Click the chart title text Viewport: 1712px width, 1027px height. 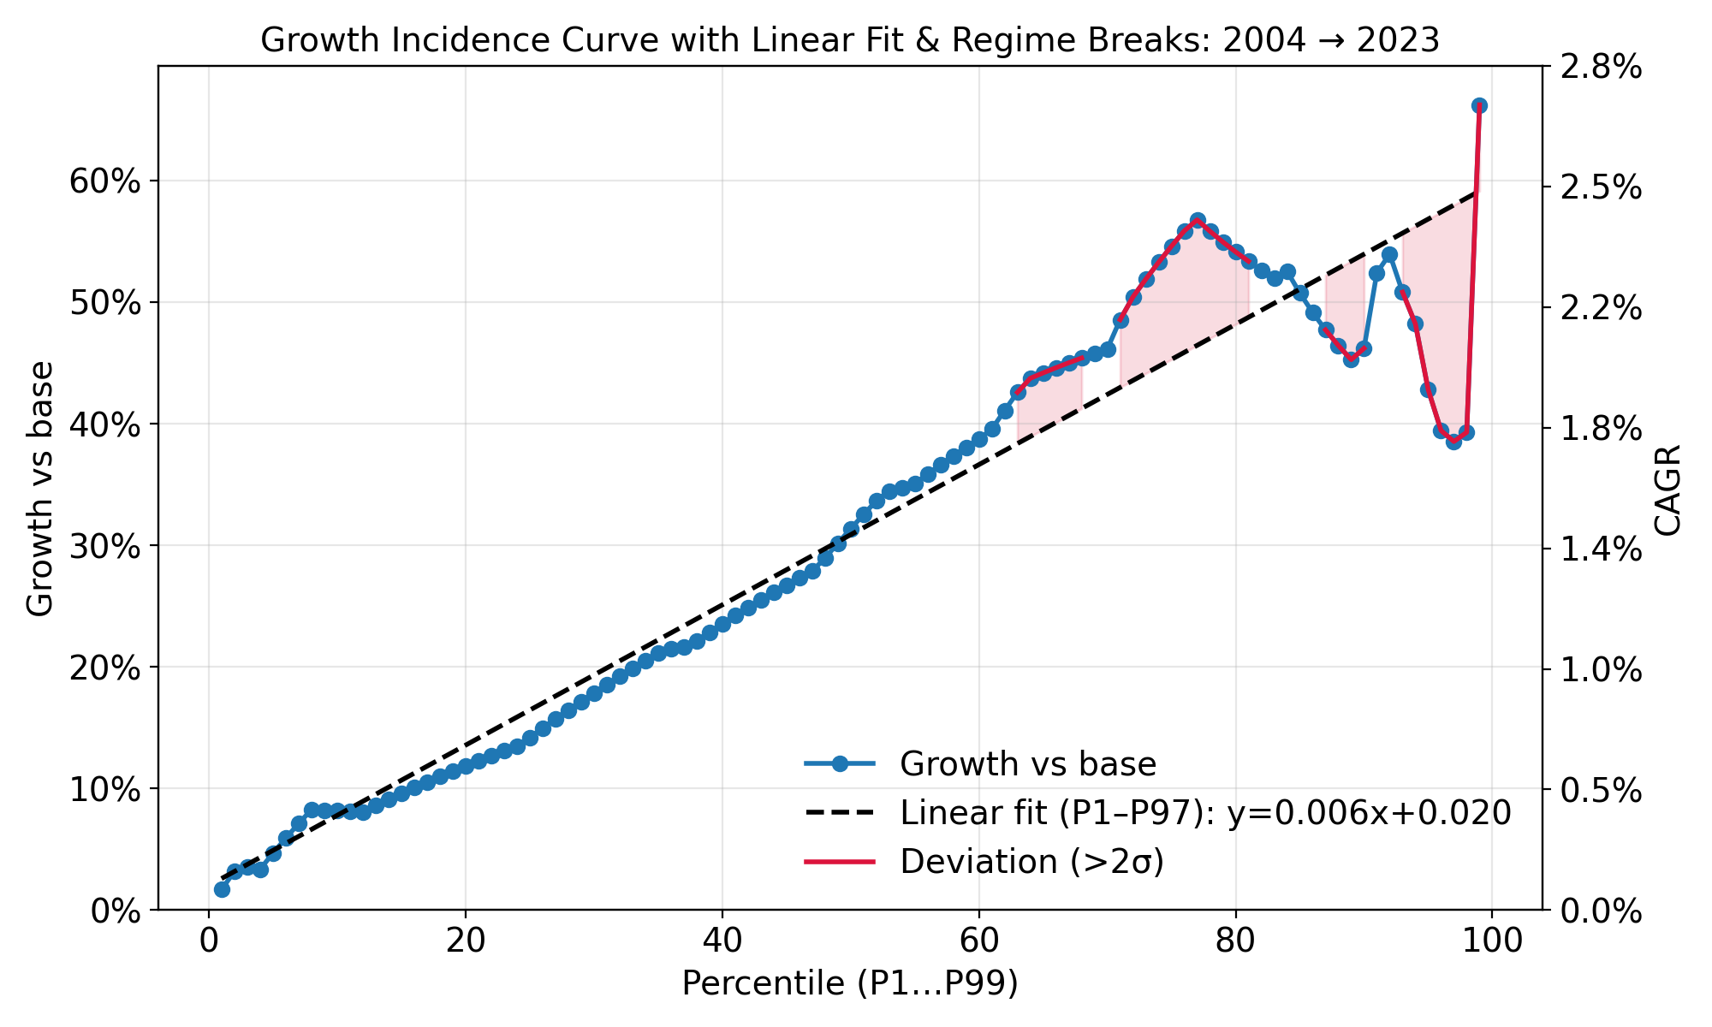pos(849,40)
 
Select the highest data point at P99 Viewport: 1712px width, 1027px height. pos(1479,105)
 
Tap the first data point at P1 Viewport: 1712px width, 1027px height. pos(222,889)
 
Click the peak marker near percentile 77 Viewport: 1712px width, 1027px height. pos(1198,220)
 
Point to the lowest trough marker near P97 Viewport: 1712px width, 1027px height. pos(1453,442)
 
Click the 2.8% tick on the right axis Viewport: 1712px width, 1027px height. pos(1594,67)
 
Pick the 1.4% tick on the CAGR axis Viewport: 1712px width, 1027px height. pos(1594,549)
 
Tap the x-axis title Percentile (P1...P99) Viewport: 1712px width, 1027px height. pos(849,983)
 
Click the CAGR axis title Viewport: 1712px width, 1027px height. pos(1667,490)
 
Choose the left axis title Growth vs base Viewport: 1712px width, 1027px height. pos(40,488)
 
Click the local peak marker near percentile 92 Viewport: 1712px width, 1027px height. pos(1389,255)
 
